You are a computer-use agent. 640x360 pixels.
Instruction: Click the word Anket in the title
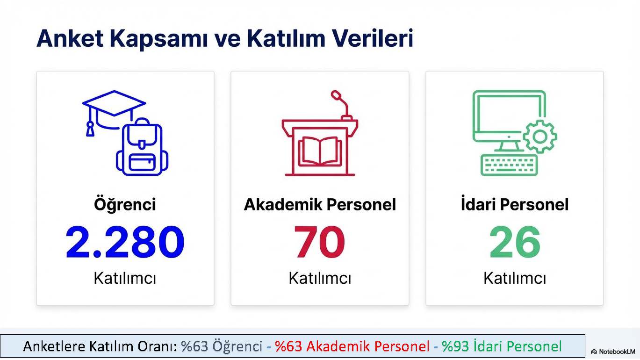click(x=70, y=38)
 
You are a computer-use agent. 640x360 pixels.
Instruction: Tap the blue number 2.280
click(x=125, y=242)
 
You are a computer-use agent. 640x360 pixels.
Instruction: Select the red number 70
click(x=319, y=242)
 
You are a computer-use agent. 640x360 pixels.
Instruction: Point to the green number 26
click(x=515, y=242)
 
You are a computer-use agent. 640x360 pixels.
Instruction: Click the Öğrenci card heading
click(x=125, y=204)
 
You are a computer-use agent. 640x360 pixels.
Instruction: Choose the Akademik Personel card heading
click(x=320, y=205)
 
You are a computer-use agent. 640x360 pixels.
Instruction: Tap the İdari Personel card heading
click(x=515, y=204)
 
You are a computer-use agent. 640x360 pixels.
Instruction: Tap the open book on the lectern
click(x=320, y=151)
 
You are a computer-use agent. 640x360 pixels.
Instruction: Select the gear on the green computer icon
click(x=540, y=137)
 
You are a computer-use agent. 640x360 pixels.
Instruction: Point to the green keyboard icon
click(x=509, y=165)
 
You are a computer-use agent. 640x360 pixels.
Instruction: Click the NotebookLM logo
click(x=613, y=352)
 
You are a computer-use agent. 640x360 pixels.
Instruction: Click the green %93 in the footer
click(x=455, y=346)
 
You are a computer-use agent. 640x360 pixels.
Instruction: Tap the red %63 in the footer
click(x=288, y=346)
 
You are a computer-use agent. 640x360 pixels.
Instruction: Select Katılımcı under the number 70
click(x=320, y=278)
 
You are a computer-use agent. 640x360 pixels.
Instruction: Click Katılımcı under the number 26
click(x=515, y=278)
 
